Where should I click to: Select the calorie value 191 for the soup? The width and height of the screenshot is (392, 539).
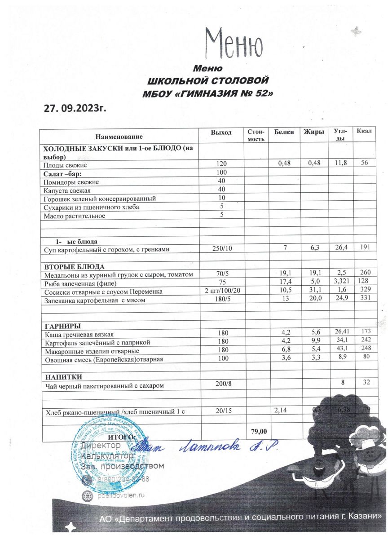[x=366, y=248]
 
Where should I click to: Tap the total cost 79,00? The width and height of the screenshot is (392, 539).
[x=258, y=431]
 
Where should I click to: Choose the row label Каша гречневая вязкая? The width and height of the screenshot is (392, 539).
[x=79, y=334]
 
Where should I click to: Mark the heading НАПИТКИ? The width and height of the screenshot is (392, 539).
[x=62, y=376]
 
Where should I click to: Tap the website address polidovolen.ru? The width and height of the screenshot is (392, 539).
[x=118, y=495]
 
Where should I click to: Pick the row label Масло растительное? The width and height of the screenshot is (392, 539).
[x=74, y=216]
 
